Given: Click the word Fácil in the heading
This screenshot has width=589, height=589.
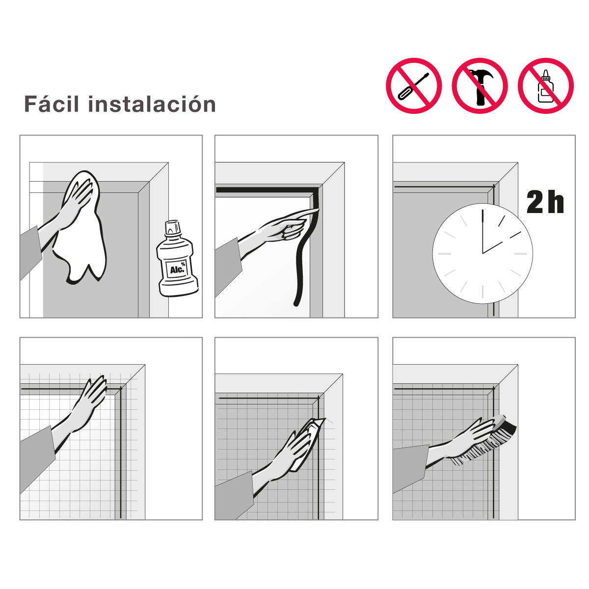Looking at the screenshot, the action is [x=52, y=104].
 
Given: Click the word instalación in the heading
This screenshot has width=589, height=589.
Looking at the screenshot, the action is [x=152, y=104].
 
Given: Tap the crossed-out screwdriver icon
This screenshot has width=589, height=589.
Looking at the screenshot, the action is [x=414, y=86].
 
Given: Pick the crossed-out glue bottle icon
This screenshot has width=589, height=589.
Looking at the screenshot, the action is [x=546, y=86].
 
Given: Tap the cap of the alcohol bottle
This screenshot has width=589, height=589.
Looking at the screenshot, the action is [x=173, y=227].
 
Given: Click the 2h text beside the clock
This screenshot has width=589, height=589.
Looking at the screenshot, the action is [x=545, y=202].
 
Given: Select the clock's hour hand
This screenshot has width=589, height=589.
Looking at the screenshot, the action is [x=492, y=247].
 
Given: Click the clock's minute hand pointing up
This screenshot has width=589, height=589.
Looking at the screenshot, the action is [x=482, y=231].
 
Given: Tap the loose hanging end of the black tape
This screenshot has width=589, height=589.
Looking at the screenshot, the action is [x=296, y=303].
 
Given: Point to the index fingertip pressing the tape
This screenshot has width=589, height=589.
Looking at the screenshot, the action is [x=317, y=210].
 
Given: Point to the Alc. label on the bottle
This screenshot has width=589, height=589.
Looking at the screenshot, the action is [x=177, y=269].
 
